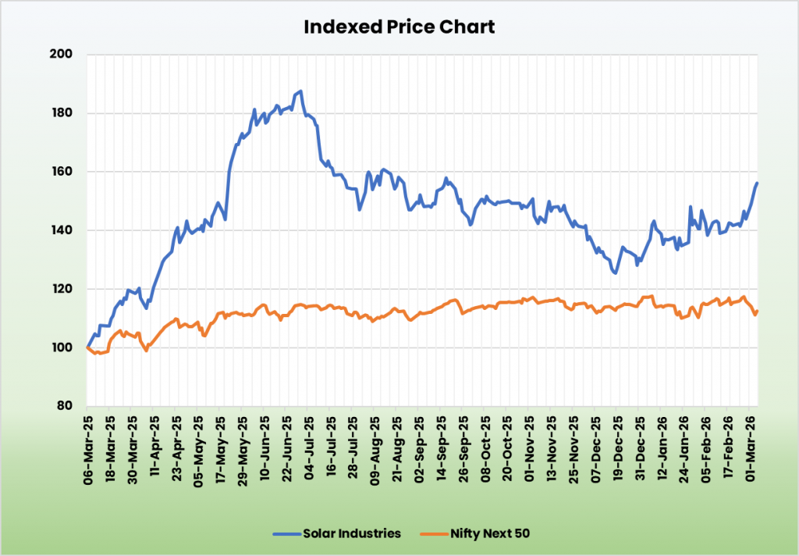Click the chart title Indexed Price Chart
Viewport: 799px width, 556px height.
coord(399,27)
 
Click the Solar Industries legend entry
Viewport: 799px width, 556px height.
coord(337,533)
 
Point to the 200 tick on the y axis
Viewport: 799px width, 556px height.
coord(62,55)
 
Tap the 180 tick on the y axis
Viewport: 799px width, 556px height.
coord(62,113)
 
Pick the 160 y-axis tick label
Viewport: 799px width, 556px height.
coord(62,172)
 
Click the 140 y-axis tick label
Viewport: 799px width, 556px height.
coord(62,230)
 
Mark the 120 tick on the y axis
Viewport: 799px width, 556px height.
coord(62,289)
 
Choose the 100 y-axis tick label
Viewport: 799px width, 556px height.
coord(62,347)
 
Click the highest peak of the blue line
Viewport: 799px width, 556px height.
coord(301,91)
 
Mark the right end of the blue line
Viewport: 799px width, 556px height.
coord(757,183)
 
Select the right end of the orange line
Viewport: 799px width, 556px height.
coord(757,312)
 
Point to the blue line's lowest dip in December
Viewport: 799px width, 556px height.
coord(616,273)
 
